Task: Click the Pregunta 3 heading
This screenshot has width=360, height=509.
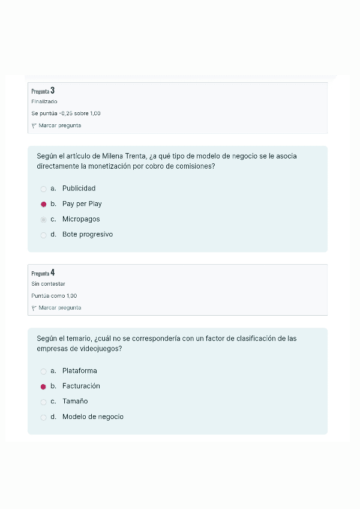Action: (43, 91)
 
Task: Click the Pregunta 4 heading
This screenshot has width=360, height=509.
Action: (43, 273)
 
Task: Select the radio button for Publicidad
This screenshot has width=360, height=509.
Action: (43, 188)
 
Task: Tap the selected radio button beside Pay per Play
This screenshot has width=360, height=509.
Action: (43, 204)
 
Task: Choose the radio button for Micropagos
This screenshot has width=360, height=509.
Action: (43, 220)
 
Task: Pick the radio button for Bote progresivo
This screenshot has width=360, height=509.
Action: (43, 235)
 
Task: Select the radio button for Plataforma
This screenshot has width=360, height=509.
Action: (43, 371)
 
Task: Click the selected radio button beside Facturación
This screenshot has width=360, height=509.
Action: (43, 387)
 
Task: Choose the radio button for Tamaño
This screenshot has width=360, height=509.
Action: (43, 402)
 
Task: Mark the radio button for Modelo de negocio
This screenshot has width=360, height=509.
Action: (43, 417)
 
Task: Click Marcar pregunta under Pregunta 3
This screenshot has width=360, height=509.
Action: (59, 125)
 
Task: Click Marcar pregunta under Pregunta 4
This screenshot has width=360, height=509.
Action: (59, 308)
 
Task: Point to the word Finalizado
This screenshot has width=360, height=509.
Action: (44, 101)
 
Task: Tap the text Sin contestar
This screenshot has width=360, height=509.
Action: (48, 284)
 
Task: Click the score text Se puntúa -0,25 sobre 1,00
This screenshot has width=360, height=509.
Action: (65, 113)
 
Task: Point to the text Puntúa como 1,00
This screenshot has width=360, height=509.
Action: (54, 296)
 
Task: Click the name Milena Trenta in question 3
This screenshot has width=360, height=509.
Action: (123, 156)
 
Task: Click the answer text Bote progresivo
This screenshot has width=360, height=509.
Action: (87, 235)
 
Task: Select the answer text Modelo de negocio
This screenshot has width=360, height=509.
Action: (92, 417)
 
